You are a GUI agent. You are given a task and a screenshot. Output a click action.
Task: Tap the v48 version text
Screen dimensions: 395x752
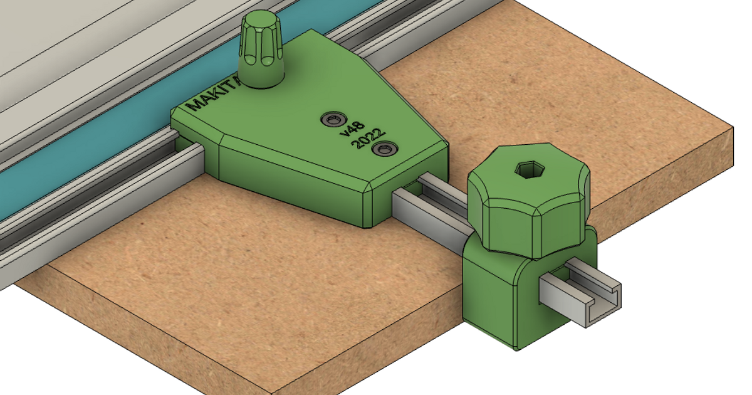352,129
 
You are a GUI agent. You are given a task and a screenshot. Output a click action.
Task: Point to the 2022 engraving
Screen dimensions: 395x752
368,139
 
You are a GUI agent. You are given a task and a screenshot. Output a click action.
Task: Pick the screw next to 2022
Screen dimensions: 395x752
383,149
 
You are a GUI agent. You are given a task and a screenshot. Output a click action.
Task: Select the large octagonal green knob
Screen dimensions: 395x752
528,201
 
